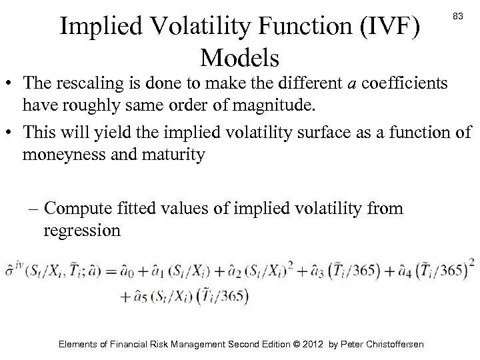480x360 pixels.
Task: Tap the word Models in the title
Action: (x=243, y=59)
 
